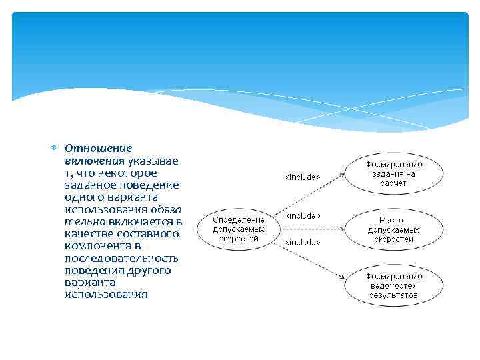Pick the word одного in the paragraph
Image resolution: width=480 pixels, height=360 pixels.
click(x=83, y=197)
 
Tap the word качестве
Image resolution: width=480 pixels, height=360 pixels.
click(x=89, y=233)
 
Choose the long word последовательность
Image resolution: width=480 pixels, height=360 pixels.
click(x=122, y=258)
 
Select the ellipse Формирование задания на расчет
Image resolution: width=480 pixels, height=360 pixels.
click(x=393, y=173)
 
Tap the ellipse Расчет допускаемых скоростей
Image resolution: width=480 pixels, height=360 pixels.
click(x=393, y=229)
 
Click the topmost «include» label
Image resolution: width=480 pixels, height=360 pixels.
click(x=303, y=177)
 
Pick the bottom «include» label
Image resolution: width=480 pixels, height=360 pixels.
click(x=303, y=242)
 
